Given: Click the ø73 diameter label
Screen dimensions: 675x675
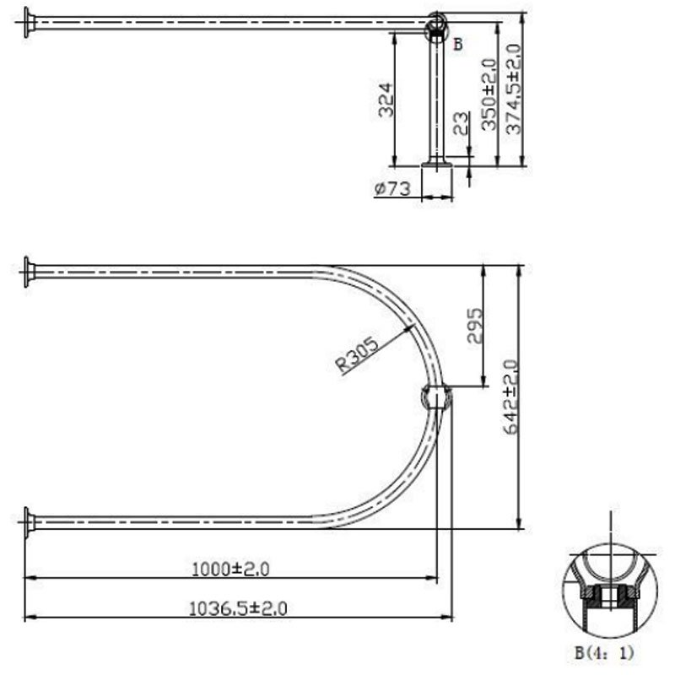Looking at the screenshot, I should point(392,189).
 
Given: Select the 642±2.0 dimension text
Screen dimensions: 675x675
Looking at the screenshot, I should point(510,397).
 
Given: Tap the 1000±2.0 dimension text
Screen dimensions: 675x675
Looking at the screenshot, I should point(230,570).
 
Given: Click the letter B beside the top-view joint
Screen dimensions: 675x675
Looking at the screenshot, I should point(458,45).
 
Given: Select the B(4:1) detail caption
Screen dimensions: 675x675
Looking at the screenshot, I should point(604,652).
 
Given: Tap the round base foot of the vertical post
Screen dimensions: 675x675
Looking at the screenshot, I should point(437,165).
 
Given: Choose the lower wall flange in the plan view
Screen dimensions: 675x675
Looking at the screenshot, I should point(30,521).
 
